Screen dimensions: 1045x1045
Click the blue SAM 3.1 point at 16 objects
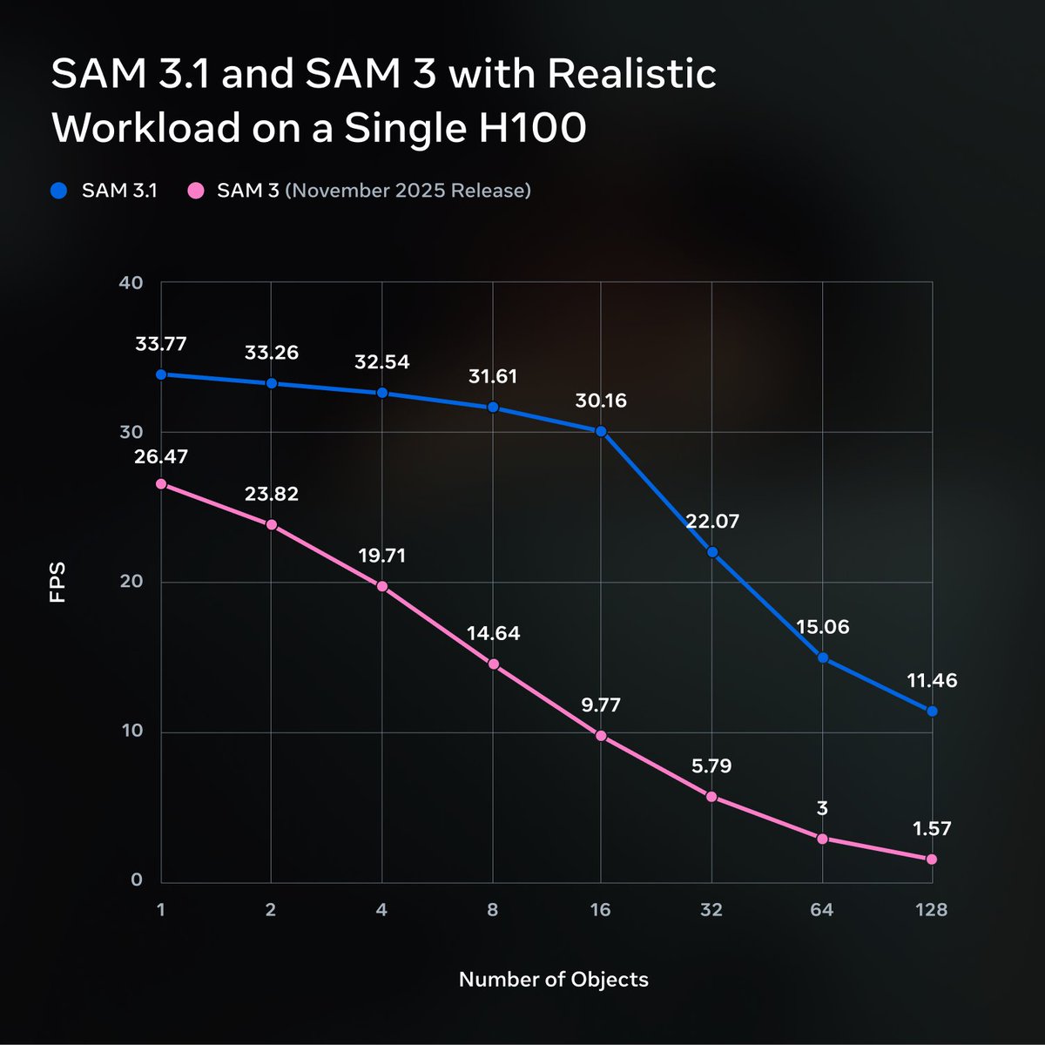click(601, 431)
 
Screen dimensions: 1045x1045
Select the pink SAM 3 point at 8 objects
click(493, 664)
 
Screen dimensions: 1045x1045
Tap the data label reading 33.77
click(161, 344)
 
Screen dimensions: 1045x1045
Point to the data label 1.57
click(933, 829)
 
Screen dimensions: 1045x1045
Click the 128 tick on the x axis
click(931, 910)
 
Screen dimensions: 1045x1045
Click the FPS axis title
click(58, 583)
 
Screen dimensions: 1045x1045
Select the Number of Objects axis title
click(554, 980)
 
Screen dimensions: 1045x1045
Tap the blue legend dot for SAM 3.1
click(59, 190)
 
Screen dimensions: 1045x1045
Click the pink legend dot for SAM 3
click(197, 190)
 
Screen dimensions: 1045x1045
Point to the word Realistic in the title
click(628, 74)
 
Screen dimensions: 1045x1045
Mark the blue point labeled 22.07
click(712, 552)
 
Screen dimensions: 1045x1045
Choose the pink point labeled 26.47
click(161, 484)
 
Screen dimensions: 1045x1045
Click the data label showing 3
click(822, 809)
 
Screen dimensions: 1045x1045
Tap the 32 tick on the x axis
click(711, 910)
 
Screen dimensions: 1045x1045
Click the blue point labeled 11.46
click(932, 711)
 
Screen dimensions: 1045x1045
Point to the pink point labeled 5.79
click(711, 797)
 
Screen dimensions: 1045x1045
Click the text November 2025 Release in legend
click(408, 190)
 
